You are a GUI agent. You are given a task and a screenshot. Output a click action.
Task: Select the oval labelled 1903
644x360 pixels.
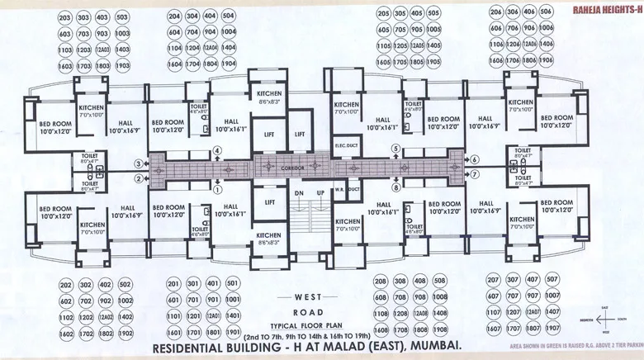click(123, 65)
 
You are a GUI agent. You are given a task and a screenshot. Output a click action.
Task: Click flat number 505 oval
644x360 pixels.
click(435, 14)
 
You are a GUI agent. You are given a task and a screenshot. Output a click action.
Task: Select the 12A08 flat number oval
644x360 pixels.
click(421, 315)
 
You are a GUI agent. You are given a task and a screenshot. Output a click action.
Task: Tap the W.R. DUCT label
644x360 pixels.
click(346, 189)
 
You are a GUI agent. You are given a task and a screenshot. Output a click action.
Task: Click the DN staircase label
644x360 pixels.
click(299, 192)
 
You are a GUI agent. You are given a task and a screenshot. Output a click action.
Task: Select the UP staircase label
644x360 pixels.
click(321, 192)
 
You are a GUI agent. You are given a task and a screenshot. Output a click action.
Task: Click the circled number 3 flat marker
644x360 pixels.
click(138, 163)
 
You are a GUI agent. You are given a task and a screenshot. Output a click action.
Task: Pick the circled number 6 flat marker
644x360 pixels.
click(474, 159)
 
